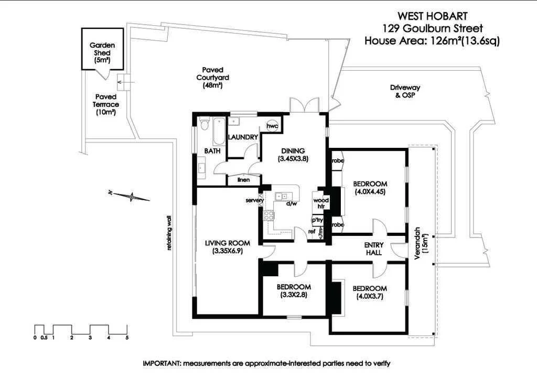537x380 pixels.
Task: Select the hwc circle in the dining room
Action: [272, 126]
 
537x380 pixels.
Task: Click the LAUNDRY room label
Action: [243, 137]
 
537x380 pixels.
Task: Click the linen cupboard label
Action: [243, 180]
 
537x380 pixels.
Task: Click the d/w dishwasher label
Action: [292, 204]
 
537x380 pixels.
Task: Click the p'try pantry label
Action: [318, 220]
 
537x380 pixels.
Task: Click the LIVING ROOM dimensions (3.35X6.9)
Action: [228, 251]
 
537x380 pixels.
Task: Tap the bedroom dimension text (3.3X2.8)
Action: [294, 295]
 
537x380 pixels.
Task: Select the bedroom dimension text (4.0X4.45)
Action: [370, 191]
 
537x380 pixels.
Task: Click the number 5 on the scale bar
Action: [127, 338]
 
